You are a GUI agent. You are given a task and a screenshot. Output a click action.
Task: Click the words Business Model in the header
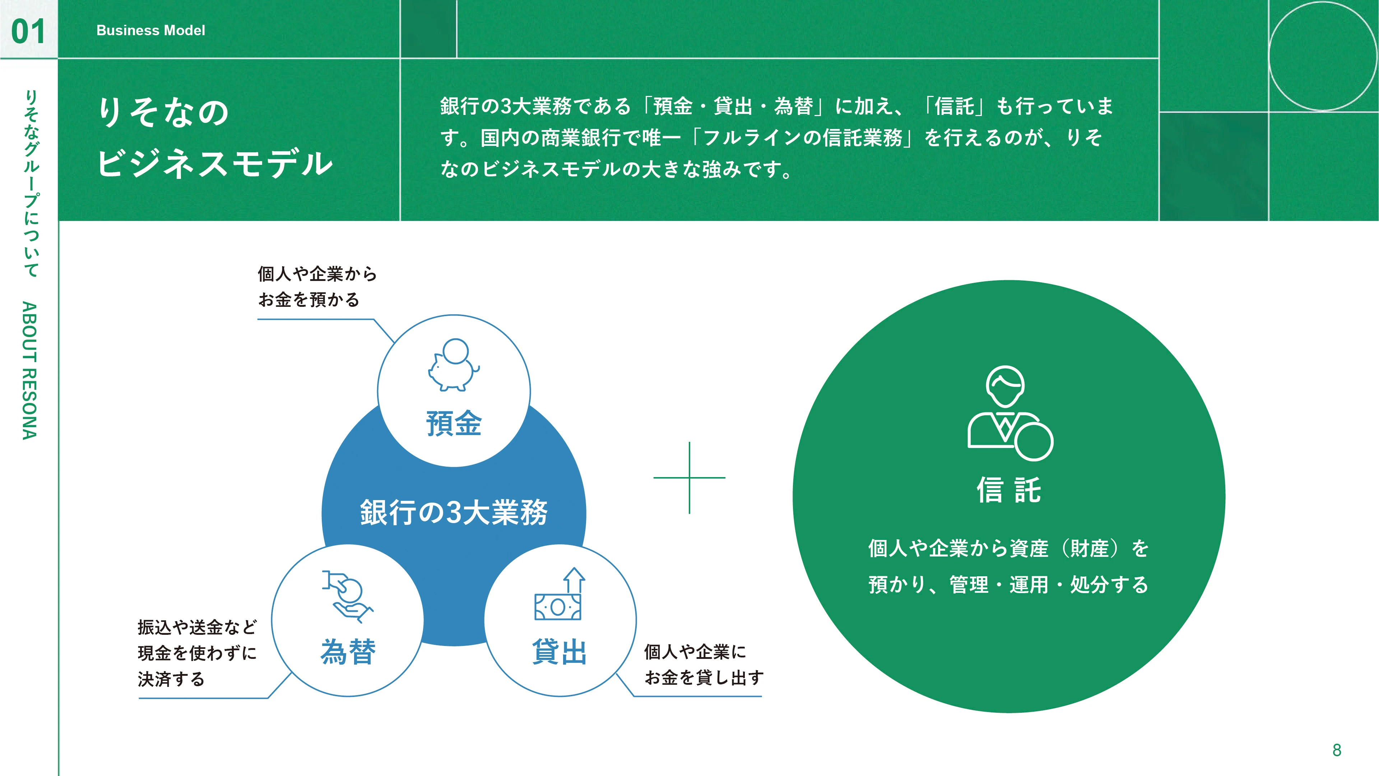point(150,31)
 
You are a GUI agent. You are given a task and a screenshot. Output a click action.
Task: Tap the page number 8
point(1337,750)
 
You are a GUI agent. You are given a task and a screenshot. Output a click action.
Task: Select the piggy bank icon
point(454,364)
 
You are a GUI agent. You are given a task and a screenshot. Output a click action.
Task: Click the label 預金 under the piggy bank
point(454,423)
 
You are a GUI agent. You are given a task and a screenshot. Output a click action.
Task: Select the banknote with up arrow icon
point(560,594)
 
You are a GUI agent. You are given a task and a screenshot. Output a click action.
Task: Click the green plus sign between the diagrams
point(689,478)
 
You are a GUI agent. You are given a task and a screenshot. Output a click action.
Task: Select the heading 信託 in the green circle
point(1009,490)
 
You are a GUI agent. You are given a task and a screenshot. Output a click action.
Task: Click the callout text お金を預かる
point(309,299)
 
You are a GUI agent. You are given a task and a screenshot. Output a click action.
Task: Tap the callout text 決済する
point(171,679)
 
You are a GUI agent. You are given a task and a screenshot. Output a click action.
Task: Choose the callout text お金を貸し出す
point(704,678)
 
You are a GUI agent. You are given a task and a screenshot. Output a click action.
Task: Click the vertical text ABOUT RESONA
point(30,371)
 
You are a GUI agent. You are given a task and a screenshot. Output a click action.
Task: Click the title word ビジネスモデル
point(215,163)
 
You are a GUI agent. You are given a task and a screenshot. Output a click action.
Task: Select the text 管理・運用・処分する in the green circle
point(1049,584)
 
